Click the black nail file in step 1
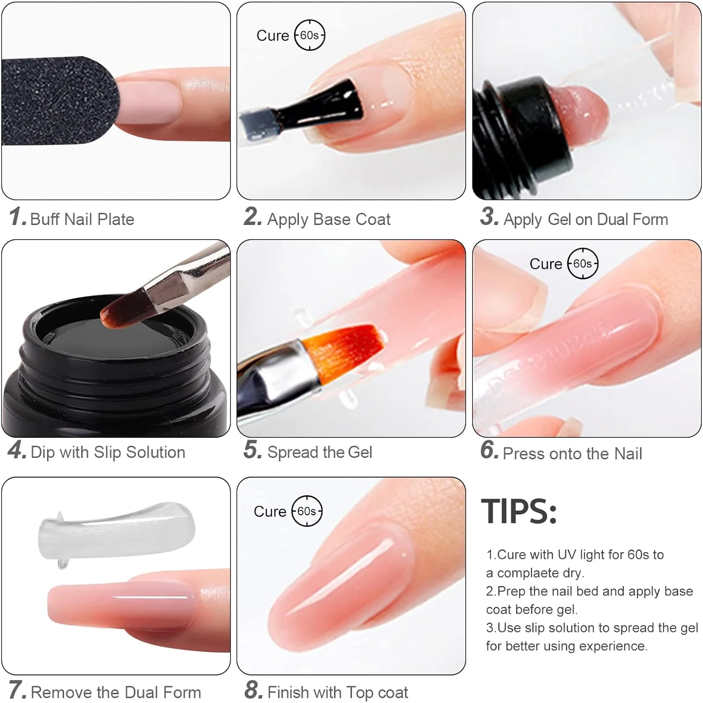tap(56, 101)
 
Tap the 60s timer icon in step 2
tap(309, 35)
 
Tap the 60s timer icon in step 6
tap(583, 263)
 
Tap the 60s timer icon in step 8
tap(307, 511)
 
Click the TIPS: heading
tap(519, 511)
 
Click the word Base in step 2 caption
tap(332, 219)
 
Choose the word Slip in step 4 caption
tap(108, 452)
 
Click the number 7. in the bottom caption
tap(17, 690)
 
